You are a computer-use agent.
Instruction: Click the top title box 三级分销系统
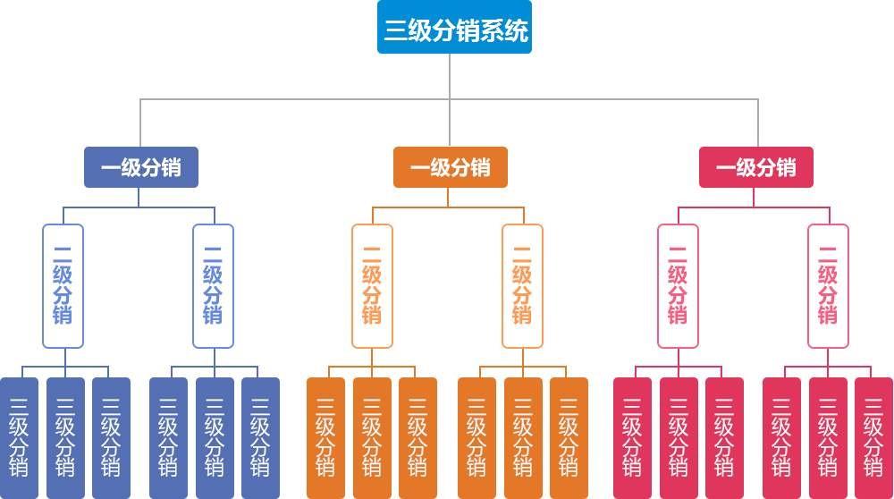click(x=454, y=27)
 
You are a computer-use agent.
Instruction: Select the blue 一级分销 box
click(x=141, y=167)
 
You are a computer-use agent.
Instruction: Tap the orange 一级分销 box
click(x=451, y=167)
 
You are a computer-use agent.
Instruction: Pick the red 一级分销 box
click(x=756, y=167)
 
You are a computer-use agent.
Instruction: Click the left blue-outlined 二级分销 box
click(x=63, y=285)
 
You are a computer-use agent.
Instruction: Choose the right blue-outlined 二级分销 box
click(x=214, y=285)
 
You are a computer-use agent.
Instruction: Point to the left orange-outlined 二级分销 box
click(x=372, y=285)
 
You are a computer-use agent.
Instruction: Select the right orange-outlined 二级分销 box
click(x=522, y=285)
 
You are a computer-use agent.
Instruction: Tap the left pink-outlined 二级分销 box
click(x=678, y=285)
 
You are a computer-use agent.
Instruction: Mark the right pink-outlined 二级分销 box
click(x=828, y=285)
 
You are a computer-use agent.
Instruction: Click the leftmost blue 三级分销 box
click(x=19, y=438)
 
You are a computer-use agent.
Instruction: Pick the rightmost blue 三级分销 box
click(x=260, y=438)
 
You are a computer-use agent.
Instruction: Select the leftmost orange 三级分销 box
click(x=325, y=438)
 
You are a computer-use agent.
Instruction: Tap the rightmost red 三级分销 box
click(x=874, y=438)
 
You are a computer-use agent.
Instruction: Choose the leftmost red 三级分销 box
click(x=632, y=438)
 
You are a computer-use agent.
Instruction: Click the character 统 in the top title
click(x=516, y=30)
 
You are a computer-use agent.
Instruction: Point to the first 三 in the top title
click(x=396, y=30)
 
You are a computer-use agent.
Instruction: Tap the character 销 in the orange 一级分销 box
click(x=480, y=167)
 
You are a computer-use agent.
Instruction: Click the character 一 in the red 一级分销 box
click(x=726, y=167)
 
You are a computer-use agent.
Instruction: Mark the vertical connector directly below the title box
click(x=450, y=76)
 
